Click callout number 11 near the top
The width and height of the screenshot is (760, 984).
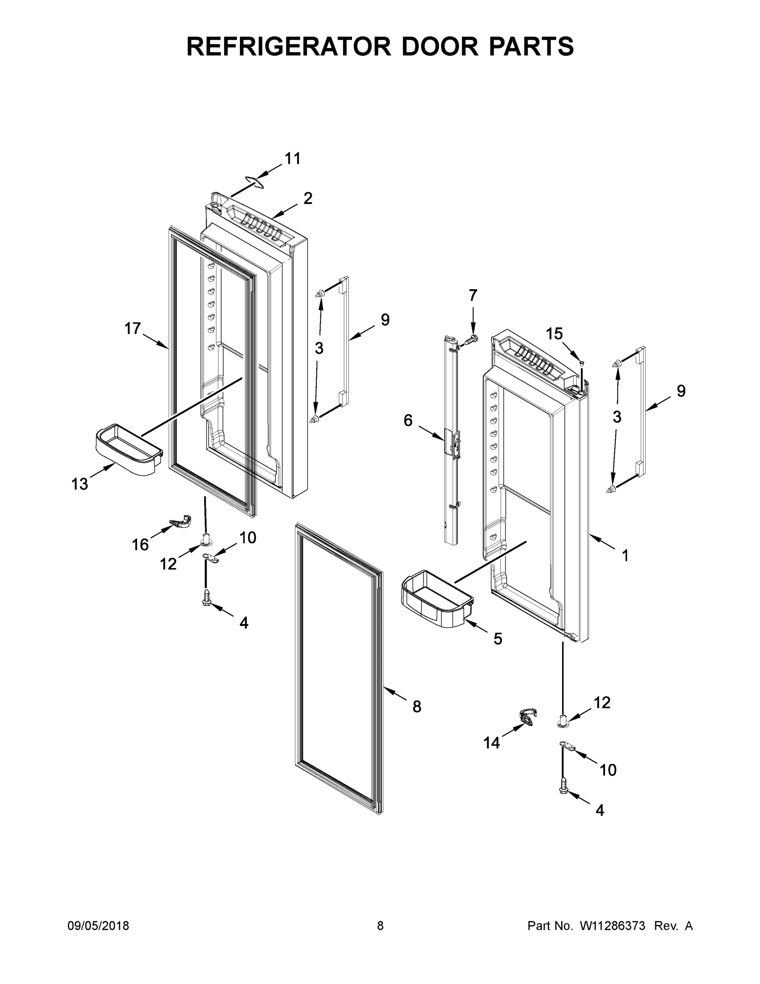tap(293, 159)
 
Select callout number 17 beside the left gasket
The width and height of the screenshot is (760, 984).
tap(133, 328)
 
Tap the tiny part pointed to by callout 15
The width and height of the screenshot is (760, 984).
tap(581, 363)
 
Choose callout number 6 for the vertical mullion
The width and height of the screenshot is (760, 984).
tap(408, 420)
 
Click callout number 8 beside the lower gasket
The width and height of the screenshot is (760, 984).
tap(417, 706)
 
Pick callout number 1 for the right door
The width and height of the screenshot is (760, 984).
tap(625, 556)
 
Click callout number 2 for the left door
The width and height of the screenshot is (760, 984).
tap(308, 198)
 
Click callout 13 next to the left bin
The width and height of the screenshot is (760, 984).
tap(80, 484)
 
